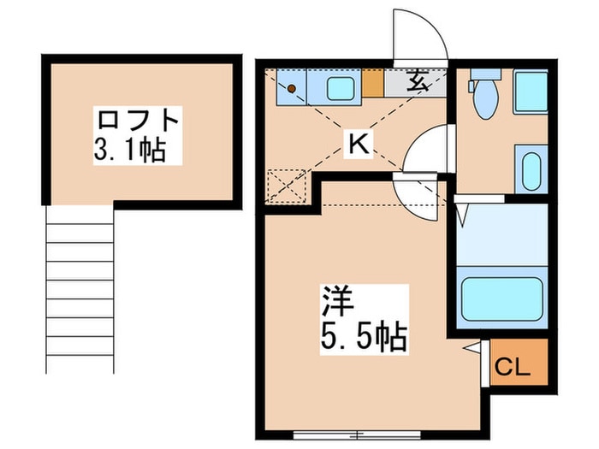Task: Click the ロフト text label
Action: pos(138,118)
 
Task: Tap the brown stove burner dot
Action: pos(292,87)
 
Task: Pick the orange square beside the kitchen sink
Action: pos(372,84)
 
